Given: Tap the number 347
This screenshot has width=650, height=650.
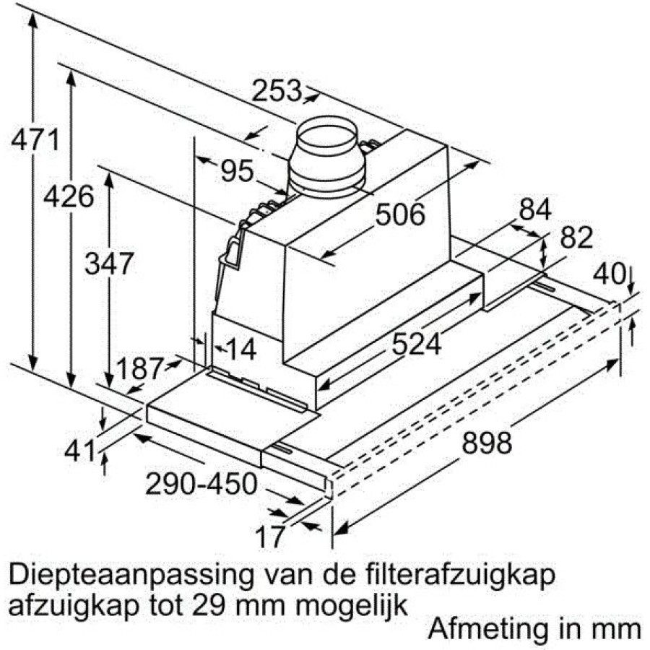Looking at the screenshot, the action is coord(108,263).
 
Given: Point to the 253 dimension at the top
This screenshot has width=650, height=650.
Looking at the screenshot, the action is coord(276,90).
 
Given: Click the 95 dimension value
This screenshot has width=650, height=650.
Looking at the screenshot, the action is coord(236,170).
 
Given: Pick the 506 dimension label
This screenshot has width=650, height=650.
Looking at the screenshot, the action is coord(400,214).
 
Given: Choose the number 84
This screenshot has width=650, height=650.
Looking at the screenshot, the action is coord(534,209).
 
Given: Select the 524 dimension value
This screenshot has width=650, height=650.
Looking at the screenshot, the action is coord(416,344).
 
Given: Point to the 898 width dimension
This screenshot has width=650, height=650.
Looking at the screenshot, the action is coord(487,442).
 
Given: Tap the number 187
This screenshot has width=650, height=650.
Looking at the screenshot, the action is coord(139,368).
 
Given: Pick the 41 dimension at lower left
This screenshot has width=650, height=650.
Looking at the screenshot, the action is coord(80,451).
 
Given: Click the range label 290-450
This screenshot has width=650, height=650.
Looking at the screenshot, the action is coord(201,483).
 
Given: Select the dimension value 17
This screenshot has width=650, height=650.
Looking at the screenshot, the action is coord(271,537).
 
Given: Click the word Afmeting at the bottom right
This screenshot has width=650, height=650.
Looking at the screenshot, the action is coord(487,630).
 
